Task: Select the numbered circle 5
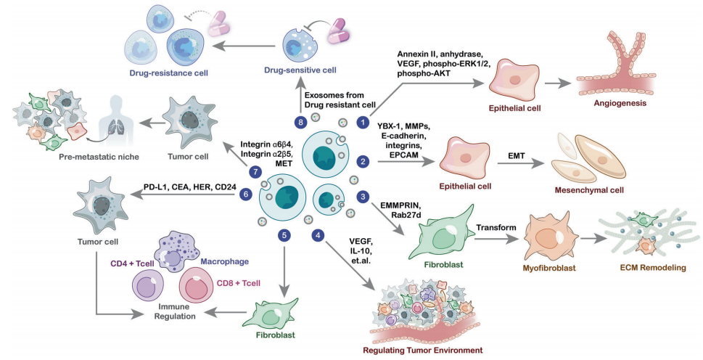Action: click(284, 234)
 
